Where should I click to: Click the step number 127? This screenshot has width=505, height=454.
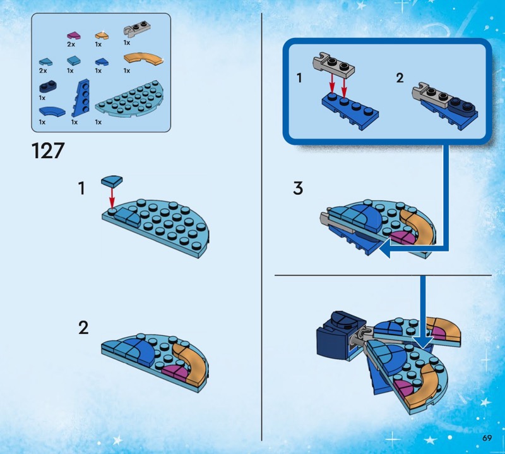coord(48,150)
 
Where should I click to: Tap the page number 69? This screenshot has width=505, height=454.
coord(487,438)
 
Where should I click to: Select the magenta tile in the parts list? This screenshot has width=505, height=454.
coord(73,36)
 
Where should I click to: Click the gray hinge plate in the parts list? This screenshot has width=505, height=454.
coord(136,30)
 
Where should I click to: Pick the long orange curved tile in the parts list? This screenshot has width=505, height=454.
coord(143,59)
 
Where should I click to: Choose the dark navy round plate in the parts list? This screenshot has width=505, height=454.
coord(49,86)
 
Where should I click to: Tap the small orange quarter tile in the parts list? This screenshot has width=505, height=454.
coord(102,36)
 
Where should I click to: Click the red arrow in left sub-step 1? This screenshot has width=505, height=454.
coord(112,197)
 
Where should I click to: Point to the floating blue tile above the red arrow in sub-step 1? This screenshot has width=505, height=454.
coord(112,181)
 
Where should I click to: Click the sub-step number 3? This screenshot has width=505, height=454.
coord(298,188)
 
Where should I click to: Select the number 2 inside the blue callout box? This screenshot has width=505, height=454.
coord(400,78)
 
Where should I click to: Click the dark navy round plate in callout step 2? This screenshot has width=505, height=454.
coord(461,105)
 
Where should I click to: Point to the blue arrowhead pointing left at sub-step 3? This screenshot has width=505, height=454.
coord(385,249)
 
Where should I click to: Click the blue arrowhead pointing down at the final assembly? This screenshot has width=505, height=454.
coord(423,341)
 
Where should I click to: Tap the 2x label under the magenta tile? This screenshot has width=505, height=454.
coord(71,44)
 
